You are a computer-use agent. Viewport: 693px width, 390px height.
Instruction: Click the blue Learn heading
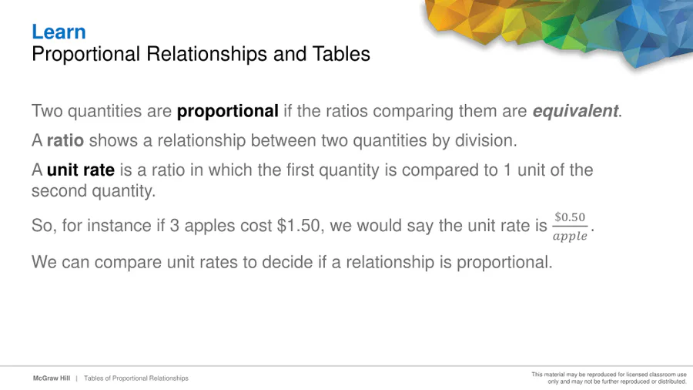click(59, 32)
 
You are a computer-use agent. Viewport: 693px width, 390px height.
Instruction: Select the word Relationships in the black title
click(207, 55)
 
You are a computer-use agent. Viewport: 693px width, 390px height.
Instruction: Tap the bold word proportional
click(228, 112)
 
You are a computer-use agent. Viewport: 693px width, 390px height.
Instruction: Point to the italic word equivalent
click(575, 111)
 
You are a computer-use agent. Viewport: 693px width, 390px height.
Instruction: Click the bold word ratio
click(65, 140)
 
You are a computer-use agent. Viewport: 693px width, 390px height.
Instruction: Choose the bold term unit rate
click(81, 170)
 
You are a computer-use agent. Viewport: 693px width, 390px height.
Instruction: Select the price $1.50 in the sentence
click(298, 226)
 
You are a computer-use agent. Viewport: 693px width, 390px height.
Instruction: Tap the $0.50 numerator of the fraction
click(570, 217)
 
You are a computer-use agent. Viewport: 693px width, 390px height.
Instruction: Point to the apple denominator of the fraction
click(570, 236)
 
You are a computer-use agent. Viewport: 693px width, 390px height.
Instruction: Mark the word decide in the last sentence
click(287, 262)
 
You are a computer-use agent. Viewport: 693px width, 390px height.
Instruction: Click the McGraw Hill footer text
click(52, 378)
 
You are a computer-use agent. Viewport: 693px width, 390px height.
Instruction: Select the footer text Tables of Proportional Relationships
click(136, 378)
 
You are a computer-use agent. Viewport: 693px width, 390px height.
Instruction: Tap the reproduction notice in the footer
click(609, 378)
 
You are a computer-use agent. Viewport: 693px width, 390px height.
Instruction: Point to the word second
click(59, 191)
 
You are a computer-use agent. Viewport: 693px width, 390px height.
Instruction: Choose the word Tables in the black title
click(341, 55)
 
